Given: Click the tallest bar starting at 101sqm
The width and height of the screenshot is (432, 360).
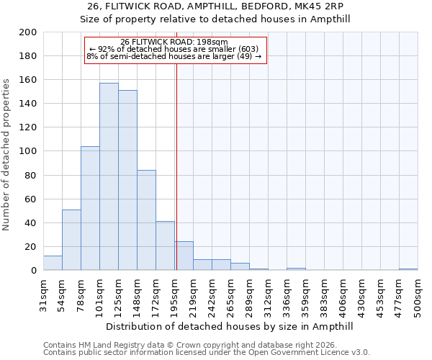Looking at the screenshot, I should pyautogui.click(x=109, y=176).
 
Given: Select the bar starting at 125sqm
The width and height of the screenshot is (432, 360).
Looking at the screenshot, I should pyautogui.click(x=127, y=180).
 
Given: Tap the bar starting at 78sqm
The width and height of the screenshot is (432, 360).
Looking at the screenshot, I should pyautogui.click(x=90, y=208).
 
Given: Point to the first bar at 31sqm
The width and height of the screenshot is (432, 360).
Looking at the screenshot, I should pyautogui.click(x=53, y=263).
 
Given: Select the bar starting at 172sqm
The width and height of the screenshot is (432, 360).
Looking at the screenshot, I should pyautogui.click(x=165, y=246).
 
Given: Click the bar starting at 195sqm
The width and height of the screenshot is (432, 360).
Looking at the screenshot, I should pyautogui.click(x=184, y=256).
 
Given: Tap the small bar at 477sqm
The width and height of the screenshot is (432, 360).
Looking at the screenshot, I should pyautogui.click(x=408, y=269).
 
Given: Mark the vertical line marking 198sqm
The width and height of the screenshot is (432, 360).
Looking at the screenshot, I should pyautogui.click(x=176, y=166).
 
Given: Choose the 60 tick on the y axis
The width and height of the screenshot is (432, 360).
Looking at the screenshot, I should pyautogui.click(x=30, y=199).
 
